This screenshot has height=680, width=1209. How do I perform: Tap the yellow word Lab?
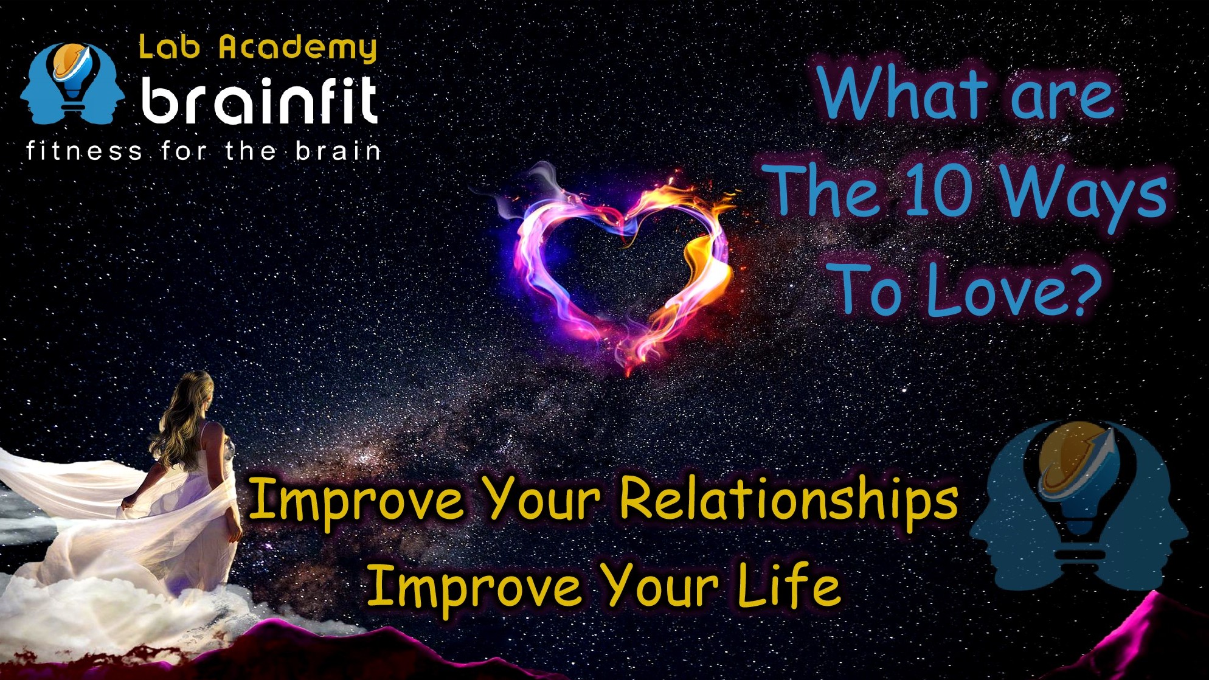(x=169, y=47)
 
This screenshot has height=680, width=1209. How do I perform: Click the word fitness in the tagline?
(x=84, y=150)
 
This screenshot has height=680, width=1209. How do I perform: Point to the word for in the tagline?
(x=184, y=150)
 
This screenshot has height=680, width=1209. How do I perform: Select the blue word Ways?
(x=1084, y=195)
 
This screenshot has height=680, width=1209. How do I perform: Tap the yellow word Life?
(x=789, y=583)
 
